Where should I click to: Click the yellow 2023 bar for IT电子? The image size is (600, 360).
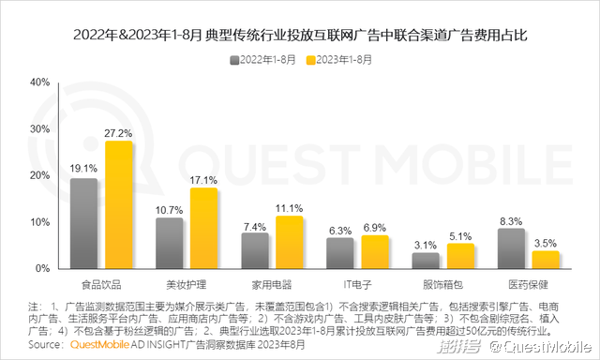point(375,252)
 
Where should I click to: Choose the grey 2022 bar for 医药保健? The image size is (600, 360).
point(511,248)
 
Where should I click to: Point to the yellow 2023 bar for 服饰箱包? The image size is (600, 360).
point(461,256)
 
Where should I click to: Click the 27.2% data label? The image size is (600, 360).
point(119,133)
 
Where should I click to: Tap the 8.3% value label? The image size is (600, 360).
point(511,221)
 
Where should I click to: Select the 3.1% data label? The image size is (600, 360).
point(426,246)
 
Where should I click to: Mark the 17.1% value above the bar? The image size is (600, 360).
point(203,180)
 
